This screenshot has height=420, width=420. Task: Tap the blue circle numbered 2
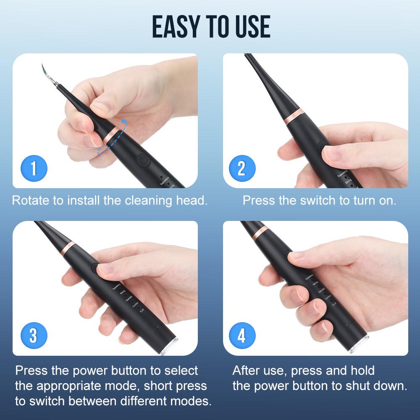point(241,168)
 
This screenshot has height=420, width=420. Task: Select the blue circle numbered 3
point(33,336)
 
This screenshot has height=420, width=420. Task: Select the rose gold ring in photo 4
point(261,231)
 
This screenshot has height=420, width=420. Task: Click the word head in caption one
point(192,200)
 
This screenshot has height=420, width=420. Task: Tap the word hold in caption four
point(361,370)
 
